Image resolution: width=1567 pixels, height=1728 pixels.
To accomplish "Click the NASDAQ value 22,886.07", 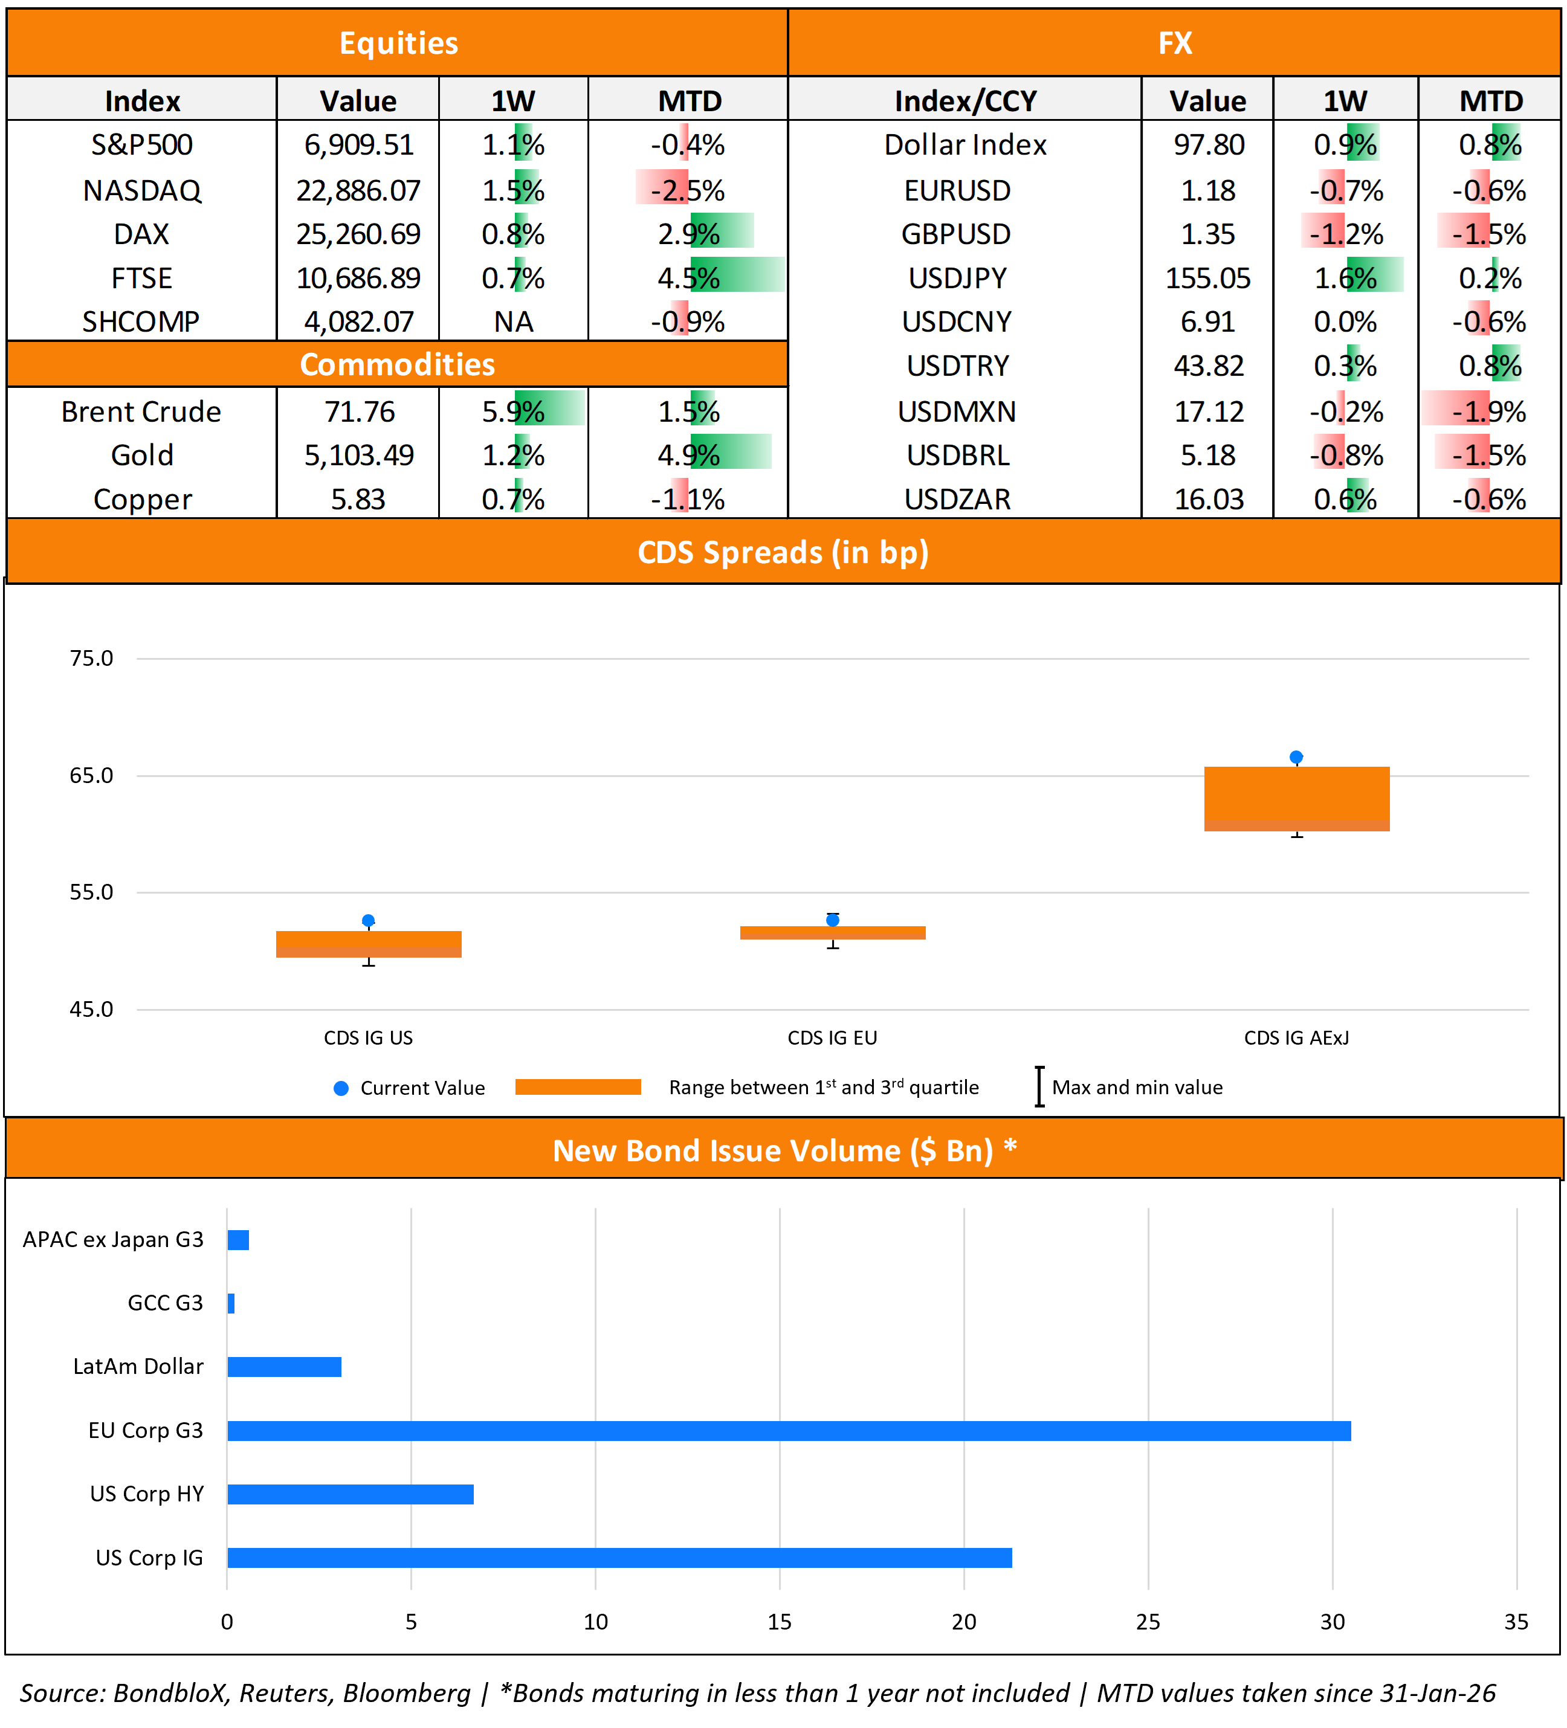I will pyautogui.click(x=358, y=190).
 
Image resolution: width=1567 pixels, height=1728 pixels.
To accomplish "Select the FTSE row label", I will pyautogui.click(x=141, y=279).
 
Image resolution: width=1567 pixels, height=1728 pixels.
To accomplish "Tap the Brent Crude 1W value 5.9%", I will pyautogui.click(x=512, y=411).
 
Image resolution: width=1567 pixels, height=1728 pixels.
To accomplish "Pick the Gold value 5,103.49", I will pyautogui.click(x=358, y=455).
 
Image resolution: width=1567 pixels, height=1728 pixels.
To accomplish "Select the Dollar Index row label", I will pyautogui.click(x=964, y=145).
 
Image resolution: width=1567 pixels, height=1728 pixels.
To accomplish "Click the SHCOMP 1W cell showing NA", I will pyautogui.click(x=512, y=322).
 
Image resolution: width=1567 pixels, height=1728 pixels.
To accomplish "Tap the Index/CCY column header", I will pyautogui.click(x=964, y=101).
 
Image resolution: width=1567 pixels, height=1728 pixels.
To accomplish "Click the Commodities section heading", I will pyautogui.click(x=397, y=364).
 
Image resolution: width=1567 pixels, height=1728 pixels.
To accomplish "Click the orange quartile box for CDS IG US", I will pyautogui.click(x=369, y=944).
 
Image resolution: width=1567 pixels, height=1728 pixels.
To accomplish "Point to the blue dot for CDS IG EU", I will pyautogui.click(x=832, y=920).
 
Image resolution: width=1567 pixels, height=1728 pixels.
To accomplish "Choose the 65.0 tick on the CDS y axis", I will pyautogui.click(x=91, y=776).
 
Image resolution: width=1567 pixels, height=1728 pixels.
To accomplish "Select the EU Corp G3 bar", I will pyautogui.click(x=789, y=1431).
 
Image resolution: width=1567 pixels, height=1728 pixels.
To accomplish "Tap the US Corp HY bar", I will pyautogui.click(x=350, y=1494).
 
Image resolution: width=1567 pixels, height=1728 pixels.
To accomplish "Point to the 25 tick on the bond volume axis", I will pyautogui.click(x=1147, y=1622).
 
